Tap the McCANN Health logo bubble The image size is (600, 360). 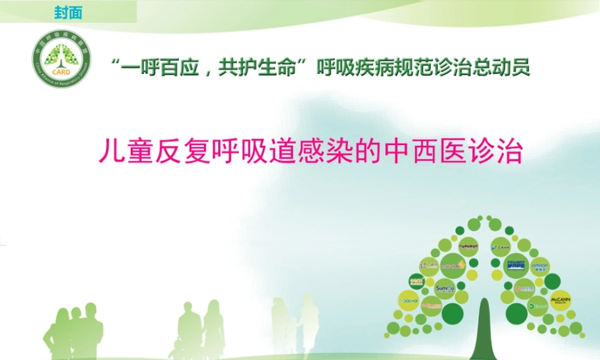560,300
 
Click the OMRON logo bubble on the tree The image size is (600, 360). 539,265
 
